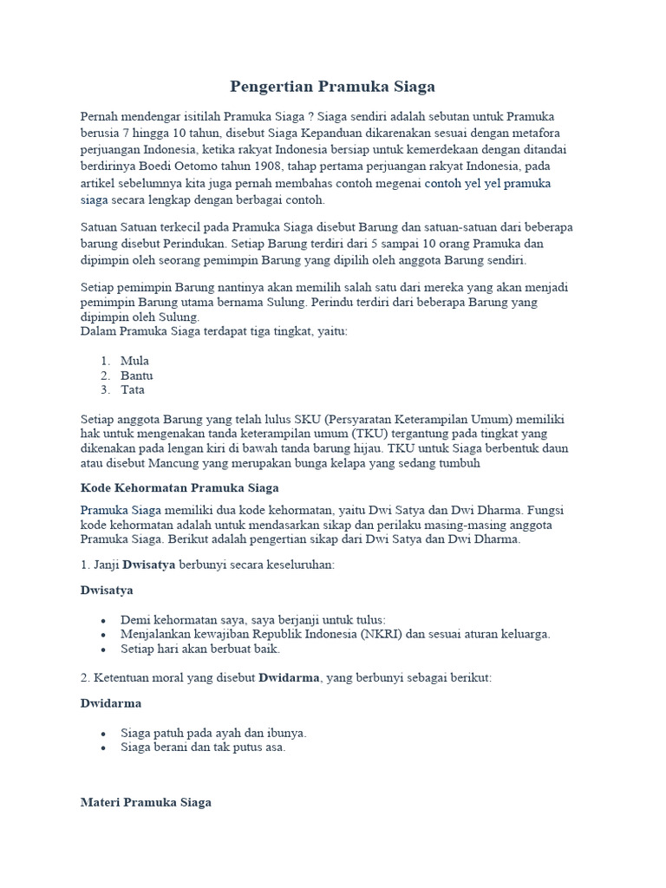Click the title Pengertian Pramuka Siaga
coord(332,87)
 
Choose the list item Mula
coord(135,361)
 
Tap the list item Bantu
coord(137,375)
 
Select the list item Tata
coord(133,390)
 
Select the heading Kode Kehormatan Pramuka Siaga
coord(180,488)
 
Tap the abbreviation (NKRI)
coord(374,634)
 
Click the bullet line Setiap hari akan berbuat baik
coord(200,649)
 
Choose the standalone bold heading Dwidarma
coord(111,703)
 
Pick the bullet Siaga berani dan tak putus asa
coord(203,747)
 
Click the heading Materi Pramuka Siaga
coord(146,802)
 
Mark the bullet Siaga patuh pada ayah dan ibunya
coord(213,733)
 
